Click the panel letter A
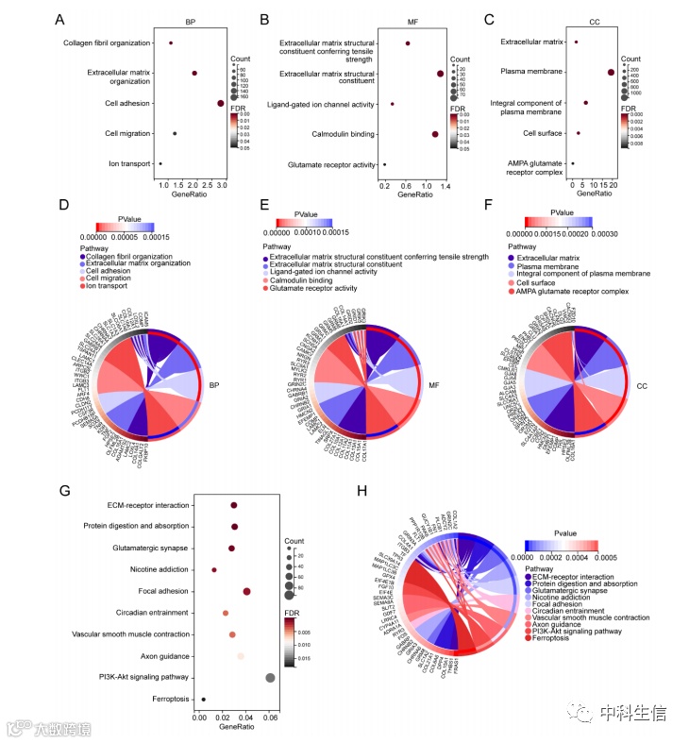pyautogui.click(x=59, y=20)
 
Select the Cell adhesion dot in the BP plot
pyautogui.click(x=220, y=103)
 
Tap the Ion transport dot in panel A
pyautogui.click(x=160, y=163)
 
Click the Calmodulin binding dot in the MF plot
pyautogui.click(x=434, y=134)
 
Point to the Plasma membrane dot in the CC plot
pyautogui.click(x=612, y=72)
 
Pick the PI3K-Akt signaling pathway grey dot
pyautogui.click(x=271, y=677)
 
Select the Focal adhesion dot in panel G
pyautogui.click(x=246, y=591)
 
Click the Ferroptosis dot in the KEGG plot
pyautogui.click(x=203, y=699)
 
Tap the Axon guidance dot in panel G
pyautogui.click(x=241, y=655)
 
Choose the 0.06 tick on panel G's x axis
pyautogui.click(x=270, y=718)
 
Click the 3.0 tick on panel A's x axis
pyautogui.click(x=221, y=184)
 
